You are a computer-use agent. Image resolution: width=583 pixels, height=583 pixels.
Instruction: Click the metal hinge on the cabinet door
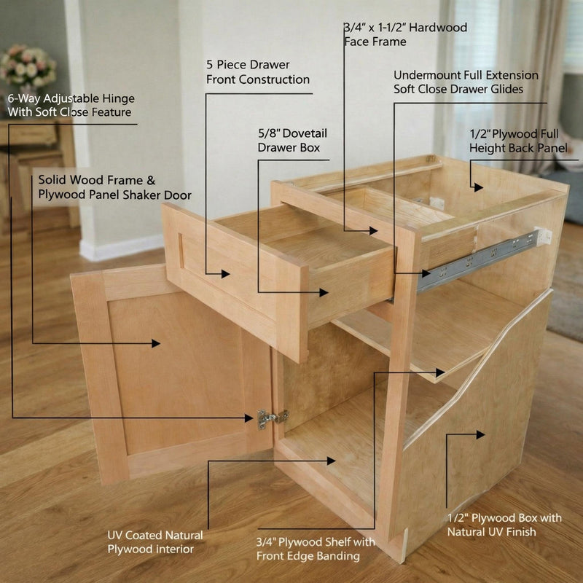click(270, 418)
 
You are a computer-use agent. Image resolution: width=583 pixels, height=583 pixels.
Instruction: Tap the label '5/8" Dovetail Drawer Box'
click(289, 141)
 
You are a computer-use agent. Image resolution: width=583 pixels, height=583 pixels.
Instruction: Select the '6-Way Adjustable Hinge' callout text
click(71, 105)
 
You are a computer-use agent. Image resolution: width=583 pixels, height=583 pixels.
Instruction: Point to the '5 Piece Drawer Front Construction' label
click(258, 72)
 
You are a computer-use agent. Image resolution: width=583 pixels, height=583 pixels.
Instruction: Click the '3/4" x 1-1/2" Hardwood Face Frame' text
click(405, 34)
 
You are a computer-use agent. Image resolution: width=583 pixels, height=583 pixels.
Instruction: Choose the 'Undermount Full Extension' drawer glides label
click(466, 82)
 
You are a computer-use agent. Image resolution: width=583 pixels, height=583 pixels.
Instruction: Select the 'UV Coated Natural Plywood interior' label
click(155, 542)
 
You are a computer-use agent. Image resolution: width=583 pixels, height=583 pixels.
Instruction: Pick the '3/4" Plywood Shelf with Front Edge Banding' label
click(316, 549)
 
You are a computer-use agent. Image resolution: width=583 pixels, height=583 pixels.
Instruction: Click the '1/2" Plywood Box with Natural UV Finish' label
click(504, 524)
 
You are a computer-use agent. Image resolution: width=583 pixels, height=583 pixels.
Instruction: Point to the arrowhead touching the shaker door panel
click(155, 343)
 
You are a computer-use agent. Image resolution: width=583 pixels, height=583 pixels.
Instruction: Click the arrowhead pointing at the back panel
click(477, 187)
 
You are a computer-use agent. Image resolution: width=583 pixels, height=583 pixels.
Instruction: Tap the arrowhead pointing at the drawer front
click(227, 274)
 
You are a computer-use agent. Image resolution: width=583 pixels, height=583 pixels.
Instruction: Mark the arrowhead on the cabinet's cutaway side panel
click(479, 435)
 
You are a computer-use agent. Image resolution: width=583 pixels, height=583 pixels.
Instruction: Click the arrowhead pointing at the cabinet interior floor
click(331, 461)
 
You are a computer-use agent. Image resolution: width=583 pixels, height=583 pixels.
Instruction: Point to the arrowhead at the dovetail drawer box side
click(323, 292)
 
